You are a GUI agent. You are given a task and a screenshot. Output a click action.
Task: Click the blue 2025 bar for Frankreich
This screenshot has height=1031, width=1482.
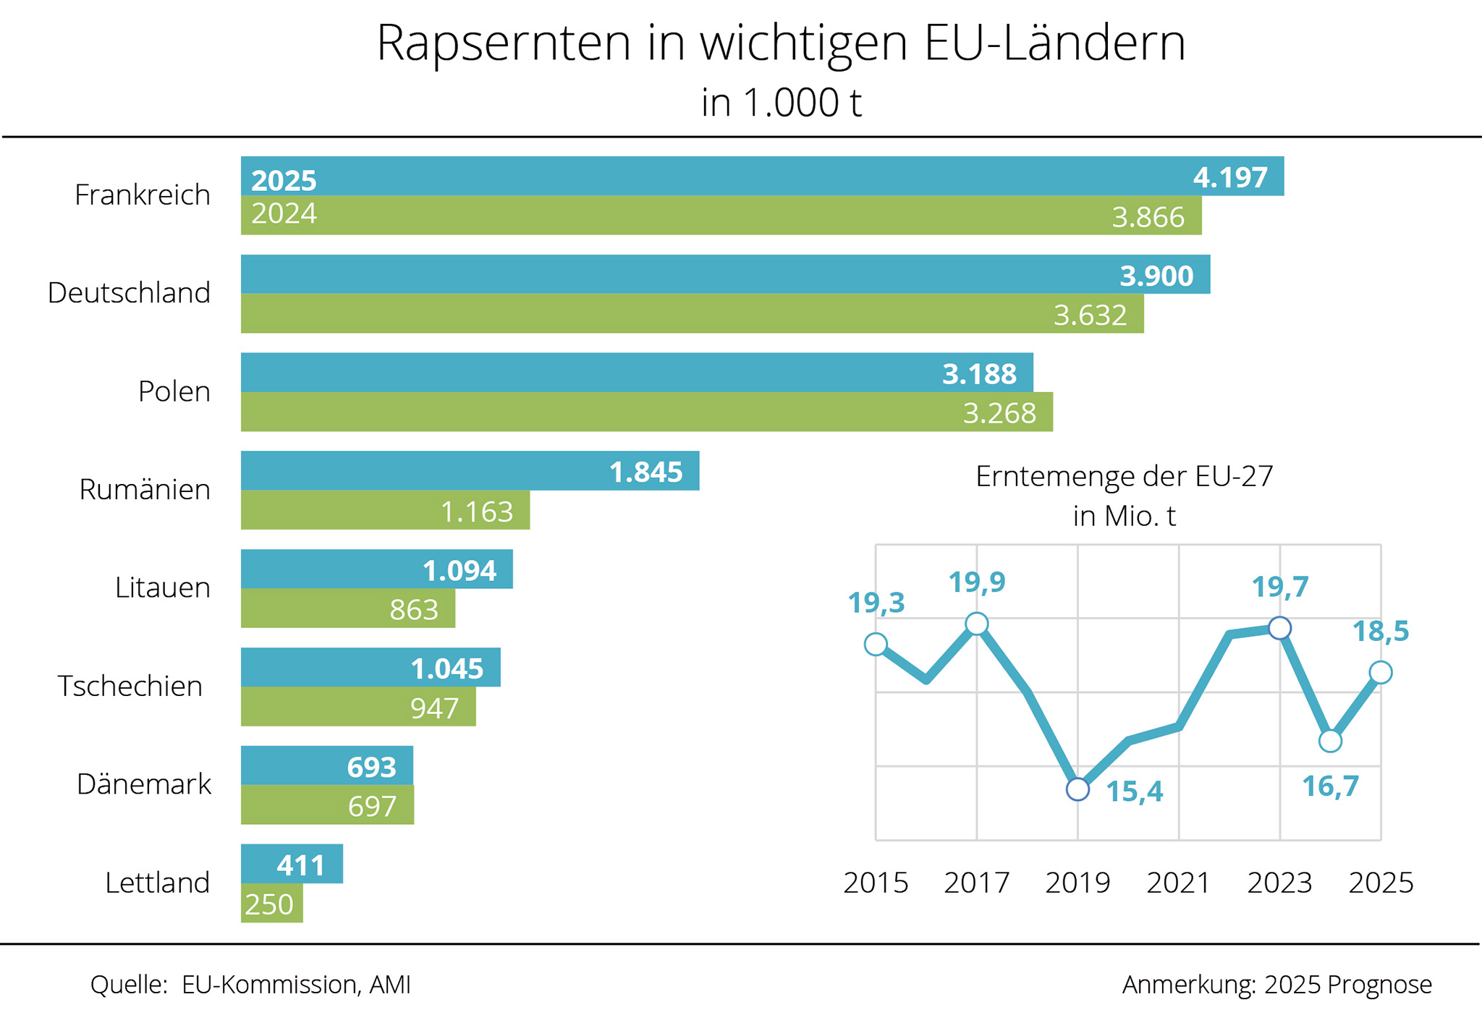click(724, 176)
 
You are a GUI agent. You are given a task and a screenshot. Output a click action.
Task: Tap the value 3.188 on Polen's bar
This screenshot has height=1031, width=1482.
click(979, 374)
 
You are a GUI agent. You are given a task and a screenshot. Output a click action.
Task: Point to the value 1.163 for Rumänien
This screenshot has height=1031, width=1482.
click(477, 512)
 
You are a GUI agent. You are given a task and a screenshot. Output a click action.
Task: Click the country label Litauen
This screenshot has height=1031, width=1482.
click(163, 587)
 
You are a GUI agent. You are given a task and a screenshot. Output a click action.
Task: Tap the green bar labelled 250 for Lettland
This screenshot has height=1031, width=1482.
click(271, 904)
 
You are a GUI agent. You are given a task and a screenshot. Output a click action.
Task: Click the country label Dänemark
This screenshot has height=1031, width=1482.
click(144, 784)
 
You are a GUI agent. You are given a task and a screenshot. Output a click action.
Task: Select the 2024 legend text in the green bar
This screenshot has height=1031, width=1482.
click(284, 214)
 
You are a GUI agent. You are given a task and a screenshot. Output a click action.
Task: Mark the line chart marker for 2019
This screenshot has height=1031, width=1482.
click(1077, 789)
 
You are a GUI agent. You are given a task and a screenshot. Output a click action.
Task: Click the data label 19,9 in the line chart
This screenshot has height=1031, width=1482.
click(977, 582)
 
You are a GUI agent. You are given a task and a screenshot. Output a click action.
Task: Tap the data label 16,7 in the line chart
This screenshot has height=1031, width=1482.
click(1330, 786)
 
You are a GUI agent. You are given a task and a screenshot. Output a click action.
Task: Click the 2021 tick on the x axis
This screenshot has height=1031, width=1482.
click(1178, 883)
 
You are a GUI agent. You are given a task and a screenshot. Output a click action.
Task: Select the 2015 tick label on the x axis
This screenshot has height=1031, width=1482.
click(876, 883)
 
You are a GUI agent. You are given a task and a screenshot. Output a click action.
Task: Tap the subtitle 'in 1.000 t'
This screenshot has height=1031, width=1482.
click(782, 103)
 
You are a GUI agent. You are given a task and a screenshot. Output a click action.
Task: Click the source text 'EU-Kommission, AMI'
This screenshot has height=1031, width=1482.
click(296, 985)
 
